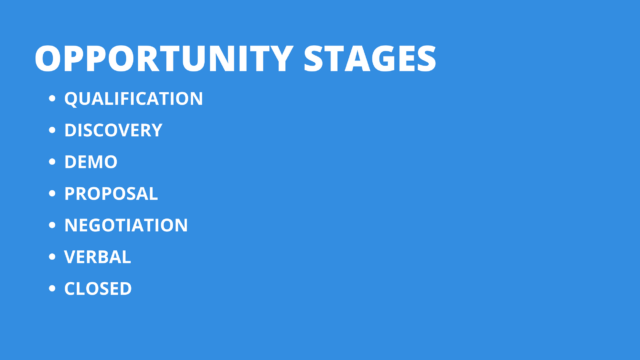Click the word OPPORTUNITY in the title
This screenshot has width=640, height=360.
coord(163,59)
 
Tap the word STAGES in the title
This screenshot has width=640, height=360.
coord(370,59)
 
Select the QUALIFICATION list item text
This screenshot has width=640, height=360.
coord(133,99)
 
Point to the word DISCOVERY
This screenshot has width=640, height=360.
coord(113,130)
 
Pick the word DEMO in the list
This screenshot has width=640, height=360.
coord(91,162)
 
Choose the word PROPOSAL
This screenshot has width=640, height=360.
coord(111,193)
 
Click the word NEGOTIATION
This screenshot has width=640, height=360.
coord(126,225)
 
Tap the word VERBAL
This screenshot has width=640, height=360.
coord(98,257)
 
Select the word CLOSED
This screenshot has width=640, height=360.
coord(98,289)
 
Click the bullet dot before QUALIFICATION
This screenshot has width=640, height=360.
coord(52,98)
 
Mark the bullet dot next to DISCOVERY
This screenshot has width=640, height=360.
coord(52,130)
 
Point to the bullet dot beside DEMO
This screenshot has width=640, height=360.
coord(52,162)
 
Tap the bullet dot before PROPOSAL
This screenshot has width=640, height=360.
coord(52,193)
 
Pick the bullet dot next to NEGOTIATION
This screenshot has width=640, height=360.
coord(52,225)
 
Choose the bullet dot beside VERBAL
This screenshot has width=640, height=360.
coord(52,257)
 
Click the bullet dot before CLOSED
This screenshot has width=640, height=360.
coord(52,288)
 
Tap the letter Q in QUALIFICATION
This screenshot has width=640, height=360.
coord(71,99)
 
